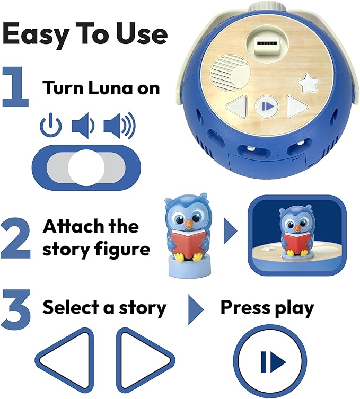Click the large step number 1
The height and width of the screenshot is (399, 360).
pos(15,87)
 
